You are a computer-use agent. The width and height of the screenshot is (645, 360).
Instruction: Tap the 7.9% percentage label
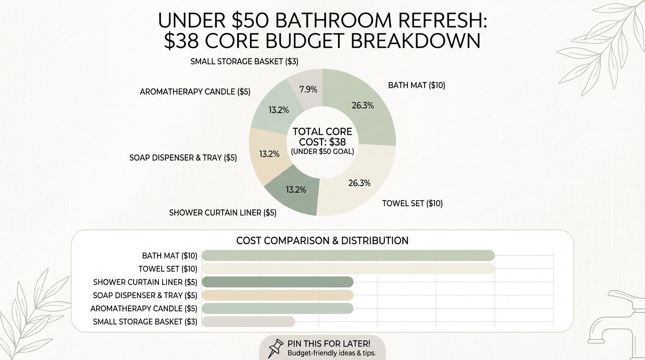pos(311,89)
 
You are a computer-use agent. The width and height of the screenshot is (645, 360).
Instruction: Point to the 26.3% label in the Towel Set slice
pos(359,183)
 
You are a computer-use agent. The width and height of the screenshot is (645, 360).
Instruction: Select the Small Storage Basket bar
pos(248,322)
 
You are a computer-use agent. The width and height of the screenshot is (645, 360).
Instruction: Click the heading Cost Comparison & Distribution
pos(322,241)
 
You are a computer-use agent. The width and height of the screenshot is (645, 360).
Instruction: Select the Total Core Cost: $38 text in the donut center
pos(322,136)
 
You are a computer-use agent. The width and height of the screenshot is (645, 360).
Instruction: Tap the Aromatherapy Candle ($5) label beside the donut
pos(195,92)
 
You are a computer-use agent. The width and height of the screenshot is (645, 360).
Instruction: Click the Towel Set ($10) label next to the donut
pos(412,203)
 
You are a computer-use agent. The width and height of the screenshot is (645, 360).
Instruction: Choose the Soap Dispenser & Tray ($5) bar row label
pos(145,295)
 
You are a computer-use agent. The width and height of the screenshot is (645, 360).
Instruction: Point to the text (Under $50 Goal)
pos(322,151)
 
